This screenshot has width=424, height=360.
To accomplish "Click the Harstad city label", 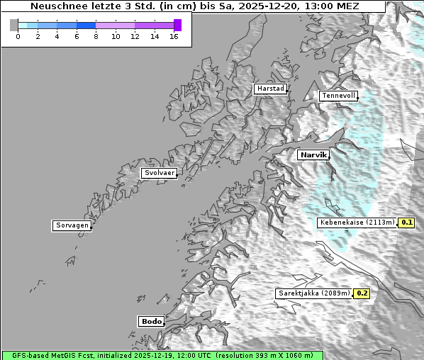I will click(x=270, y=89).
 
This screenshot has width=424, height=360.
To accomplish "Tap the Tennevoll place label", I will click(x=337, y=96).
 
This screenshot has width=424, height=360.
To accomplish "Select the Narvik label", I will click(x=313, y=154).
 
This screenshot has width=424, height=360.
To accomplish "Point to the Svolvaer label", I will click(x=159, y=173).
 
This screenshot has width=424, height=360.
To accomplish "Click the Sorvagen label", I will click(x=72, y=225).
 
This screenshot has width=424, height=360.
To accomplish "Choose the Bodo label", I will click(x=151, y=321).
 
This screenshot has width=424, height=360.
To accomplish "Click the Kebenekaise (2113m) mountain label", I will click(x=357, y=222).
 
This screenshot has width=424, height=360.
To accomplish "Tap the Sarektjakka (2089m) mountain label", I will click(x=314, y=293).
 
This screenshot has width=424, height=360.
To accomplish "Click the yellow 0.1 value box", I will click(x=406, y=222).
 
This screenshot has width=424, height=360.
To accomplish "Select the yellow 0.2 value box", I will click(x=362, y=293).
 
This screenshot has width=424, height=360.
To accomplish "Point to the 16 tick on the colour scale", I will click(x=174, y=35).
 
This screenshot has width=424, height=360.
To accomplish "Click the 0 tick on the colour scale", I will click(x=18, y=35).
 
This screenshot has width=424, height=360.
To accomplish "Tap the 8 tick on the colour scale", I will click(x=96, y=35).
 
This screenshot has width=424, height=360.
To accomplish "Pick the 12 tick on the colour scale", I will click(x=135, y=35).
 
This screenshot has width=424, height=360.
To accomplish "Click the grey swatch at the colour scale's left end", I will click(x=13, y=25).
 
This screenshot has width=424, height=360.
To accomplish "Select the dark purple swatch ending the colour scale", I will click(x=177, y=25).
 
